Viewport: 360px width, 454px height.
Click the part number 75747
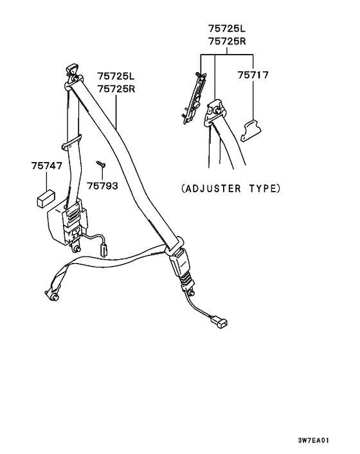46,166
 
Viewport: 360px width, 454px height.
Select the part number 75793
102,186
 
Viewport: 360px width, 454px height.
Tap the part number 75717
253,75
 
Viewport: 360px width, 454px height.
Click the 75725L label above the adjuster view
227,29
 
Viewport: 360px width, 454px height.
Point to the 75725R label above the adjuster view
227,41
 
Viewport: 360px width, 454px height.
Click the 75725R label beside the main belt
116,89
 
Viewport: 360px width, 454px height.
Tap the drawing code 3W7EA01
314,440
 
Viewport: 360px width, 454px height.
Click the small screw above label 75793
101,165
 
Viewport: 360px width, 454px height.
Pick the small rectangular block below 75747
46,198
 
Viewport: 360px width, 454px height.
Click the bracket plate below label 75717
251,131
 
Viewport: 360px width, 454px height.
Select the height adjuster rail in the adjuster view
194,98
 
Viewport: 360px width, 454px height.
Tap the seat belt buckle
181,267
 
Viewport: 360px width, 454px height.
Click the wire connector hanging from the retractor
103,250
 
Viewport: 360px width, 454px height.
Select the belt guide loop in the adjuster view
215,113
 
